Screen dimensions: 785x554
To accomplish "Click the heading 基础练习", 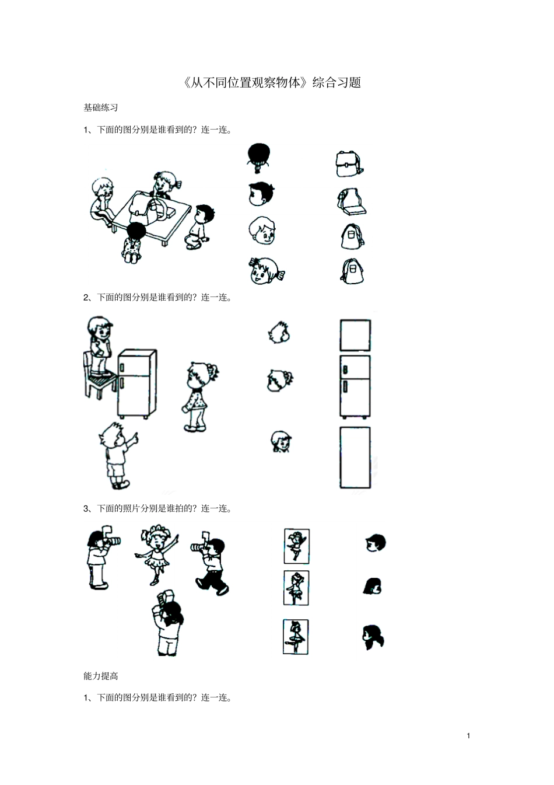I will coord(101,107).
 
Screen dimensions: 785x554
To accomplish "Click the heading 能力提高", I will coord(101,676).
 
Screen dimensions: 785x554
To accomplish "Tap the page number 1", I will coord(468,735).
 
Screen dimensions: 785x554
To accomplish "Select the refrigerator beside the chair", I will coord(137,383).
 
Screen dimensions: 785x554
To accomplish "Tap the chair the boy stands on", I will coord(96,376).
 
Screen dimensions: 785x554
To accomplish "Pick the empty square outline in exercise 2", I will coord(355,335).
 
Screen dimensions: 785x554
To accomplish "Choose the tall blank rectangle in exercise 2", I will coord(355,457).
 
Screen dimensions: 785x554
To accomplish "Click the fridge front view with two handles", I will coord(355,386).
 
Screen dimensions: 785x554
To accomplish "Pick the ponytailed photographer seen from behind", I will coord(167,623).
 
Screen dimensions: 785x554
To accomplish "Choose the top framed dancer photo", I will coord(297,546).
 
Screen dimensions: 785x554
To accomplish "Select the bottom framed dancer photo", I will coord(296,637).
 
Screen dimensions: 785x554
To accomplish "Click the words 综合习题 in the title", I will coord(337,83).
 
